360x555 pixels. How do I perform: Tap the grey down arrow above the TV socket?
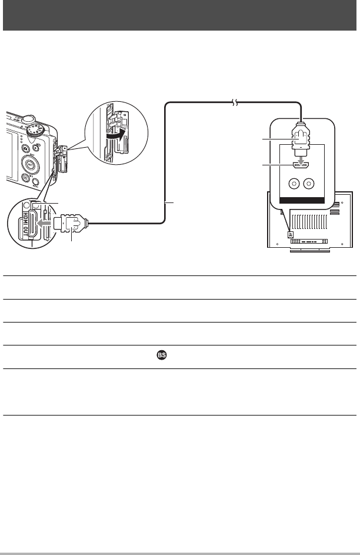click(301, 159)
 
